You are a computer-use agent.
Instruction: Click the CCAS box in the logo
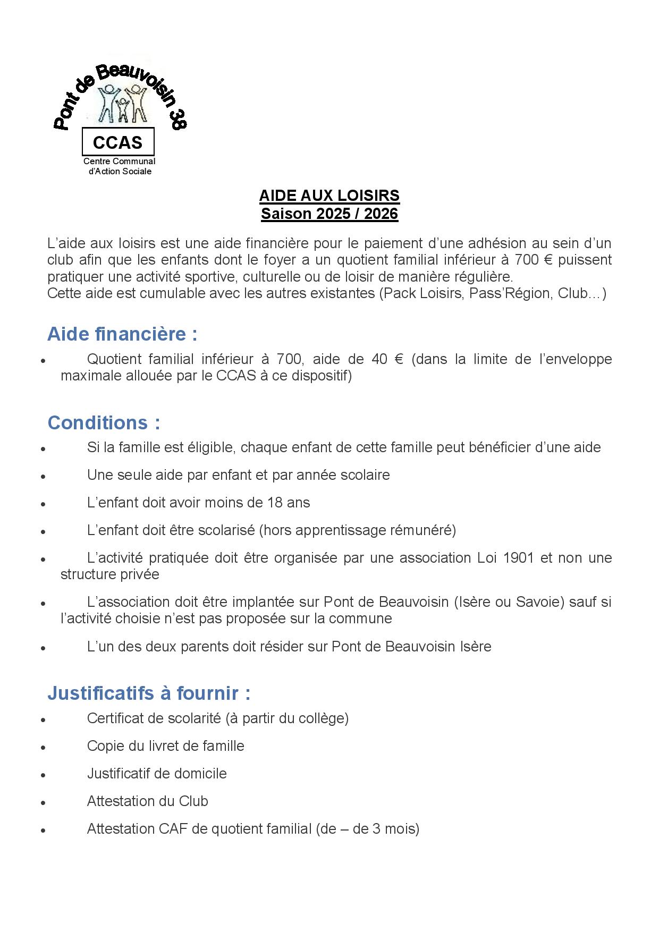(x=117, y=142)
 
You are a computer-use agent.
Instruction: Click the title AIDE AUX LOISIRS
(x=329, y=196)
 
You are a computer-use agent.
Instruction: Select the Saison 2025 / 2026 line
(x=329, y=214)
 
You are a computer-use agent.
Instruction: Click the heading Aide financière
(x=122, y=334)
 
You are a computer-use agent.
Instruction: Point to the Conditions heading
(x=104, y=423)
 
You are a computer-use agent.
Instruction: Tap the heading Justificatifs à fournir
(x=149, y=693)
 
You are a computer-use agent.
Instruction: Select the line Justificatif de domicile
(x=157, y=774)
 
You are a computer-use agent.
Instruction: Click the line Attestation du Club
(x=147, y=801)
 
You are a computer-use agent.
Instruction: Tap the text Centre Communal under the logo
(x=119, y=161)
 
